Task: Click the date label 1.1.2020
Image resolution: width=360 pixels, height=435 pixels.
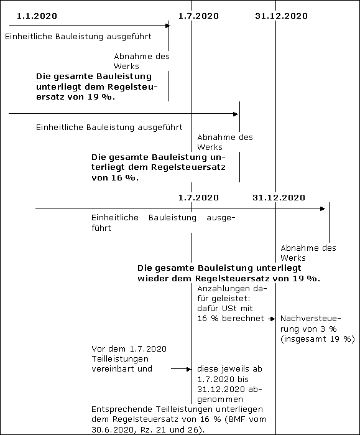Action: tap(37, 16)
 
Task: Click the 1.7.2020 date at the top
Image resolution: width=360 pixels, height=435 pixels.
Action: tap(198, 16)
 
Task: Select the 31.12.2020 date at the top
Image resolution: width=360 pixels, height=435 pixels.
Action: tap(281, 16)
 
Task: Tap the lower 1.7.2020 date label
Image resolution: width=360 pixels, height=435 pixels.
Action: tap(198, 197)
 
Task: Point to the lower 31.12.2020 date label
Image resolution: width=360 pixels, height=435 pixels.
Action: tap(279, 197)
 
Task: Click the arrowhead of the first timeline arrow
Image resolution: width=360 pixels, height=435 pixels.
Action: tap(168, 26)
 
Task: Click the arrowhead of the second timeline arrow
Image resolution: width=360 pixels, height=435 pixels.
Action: tap(236, 114)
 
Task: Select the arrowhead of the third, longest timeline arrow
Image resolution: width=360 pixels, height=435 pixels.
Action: tap(323, 208)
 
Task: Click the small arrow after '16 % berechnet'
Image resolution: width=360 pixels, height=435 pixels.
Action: tap(272, 319)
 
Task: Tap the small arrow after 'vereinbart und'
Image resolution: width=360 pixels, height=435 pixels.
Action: tap(182, 369)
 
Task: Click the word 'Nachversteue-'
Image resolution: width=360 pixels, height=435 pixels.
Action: tap(310, 319)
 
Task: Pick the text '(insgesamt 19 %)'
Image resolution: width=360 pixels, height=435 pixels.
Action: tap(318, 339)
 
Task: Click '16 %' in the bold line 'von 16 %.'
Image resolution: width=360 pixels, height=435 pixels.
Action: tap(121, 177)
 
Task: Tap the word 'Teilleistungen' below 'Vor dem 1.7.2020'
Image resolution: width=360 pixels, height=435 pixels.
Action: tap(120, 359)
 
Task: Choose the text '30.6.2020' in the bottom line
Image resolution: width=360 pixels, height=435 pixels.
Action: tap(111, 430)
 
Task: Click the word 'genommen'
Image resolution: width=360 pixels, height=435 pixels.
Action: tap(220, 400)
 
